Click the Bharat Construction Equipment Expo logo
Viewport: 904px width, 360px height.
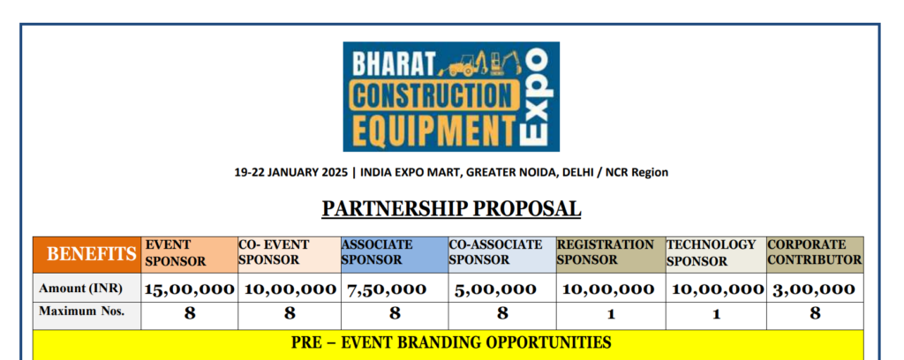(x=451, y=96)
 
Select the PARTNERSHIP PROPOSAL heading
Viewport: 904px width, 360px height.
(x=451, y=208)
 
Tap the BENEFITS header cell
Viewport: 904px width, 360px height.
(x=87, y=255)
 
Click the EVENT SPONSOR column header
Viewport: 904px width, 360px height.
(x=189, y=255)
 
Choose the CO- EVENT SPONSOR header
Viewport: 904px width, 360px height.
(x=290, y=255)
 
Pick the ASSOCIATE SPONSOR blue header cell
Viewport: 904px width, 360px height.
(x=395, y=255)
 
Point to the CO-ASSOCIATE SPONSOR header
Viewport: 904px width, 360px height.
(x=502, y=255)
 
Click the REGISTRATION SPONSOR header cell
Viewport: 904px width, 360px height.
(x=611, y=255)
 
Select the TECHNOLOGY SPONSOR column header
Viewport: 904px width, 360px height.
(x=716, y=255)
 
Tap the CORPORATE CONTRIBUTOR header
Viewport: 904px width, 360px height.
(x=815, y=255)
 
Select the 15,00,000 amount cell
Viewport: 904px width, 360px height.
(x=189, y=289)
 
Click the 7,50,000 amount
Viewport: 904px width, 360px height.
(x=387, y=289)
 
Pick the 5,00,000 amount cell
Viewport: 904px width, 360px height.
(x=494, y=289)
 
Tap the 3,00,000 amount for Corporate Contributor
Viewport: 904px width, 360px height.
(x=813, y=289)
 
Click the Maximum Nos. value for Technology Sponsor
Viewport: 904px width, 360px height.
(x=716, y=314)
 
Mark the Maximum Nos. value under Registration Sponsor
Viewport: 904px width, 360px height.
(x=611, y=314)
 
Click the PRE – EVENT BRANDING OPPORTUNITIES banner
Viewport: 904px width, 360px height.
(x=451, y=342)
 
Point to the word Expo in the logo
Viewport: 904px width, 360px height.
(x=534, y=97)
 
